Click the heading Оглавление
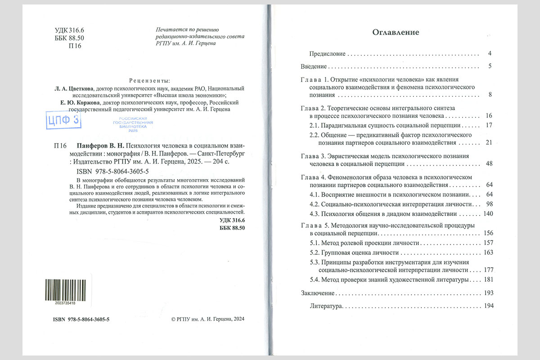pyautogui.click(x=396, y=32)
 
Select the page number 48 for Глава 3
pyautogui.click(x=490, y=164)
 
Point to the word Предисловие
pyautogui.click(x=327, y=54)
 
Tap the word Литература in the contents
pyautogui.click(x=326, y=306)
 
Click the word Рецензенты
pyautogui.click(x=149, y=81)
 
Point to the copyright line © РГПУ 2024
pyautogui.click(x=208, y=319)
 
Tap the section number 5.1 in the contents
pyautogui.click(x=314, y=243)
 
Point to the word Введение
pyautogui.click(x=314, y=67)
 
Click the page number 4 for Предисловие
pyautogui.click(x=490, y=54)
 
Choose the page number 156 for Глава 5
pyautogui.click(x=488, y=233)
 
